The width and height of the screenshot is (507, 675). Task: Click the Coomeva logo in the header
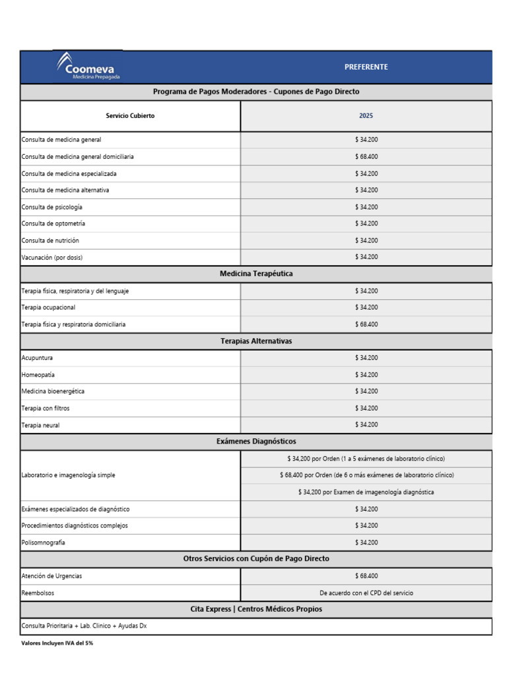pos(88,67)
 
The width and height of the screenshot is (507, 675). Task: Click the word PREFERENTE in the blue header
pos(366,67)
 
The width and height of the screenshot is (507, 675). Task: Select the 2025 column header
pos(366,116)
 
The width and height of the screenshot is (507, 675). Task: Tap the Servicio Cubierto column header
pos(131,116)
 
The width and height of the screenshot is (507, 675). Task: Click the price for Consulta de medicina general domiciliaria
pos(366,157)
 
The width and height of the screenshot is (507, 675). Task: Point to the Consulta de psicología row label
pos(52,207)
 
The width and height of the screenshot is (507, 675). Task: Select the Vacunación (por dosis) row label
pos(52,257)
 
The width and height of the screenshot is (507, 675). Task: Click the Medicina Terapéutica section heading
pos(256,274)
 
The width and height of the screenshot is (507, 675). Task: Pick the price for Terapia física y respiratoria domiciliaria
pos(366,324)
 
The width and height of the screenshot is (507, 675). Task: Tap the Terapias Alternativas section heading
pos(256,341)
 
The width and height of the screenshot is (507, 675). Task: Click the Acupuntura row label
pos(38,358)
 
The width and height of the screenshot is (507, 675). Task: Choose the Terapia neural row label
pos(41,425)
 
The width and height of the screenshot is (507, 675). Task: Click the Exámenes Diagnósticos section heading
pos(256,441)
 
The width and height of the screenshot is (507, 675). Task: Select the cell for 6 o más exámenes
pos(366,475)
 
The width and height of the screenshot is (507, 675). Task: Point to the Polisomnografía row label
pos(44,543)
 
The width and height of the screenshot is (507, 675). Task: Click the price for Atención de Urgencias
pos(366,576)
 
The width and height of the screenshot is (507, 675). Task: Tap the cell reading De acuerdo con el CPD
pos(366,593)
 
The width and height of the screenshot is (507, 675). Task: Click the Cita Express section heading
pos(256,609)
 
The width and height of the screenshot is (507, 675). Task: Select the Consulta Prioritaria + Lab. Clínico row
pos(84,626)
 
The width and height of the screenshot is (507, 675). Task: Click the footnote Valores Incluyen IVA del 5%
pos(57,643)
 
